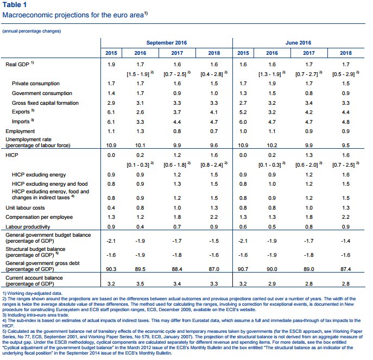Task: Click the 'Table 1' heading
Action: click(15, 5)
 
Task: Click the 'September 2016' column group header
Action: click(167, 43)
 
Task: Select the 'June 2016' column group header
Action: click(298, 43)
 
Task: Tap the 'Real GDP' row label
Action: click(17, 65)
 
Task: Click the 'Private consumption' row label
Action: click(36, 84)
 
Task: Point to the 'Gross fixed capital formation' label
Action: click(45, 103)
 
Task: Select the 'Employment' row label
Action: click(20, 131)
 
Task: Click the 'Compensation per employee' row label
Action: click(39, 217)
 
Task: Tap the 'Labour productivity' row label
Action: click(28, 227)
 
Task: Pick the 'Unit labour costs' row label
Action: click(25, 208)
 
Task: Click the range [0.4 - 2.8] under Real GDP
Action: click(212, 74)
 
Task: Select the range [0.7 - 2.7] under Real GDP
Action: click(307, 74)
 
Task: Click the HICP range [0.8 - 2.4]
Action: click(212, 165)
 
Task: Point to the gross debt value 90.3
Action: click(111, 269)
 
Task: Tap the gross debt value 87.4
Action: click(346, 269)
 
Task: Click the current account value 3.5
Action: click(140, 284)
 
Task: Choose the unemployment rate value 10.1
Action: click(140, 146)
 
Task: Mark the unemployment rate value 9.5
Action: click(346, 146)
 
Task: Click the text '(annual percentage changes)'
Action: click(31, 31)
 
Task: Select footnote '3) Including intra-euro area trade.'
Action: click(36, 315)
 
